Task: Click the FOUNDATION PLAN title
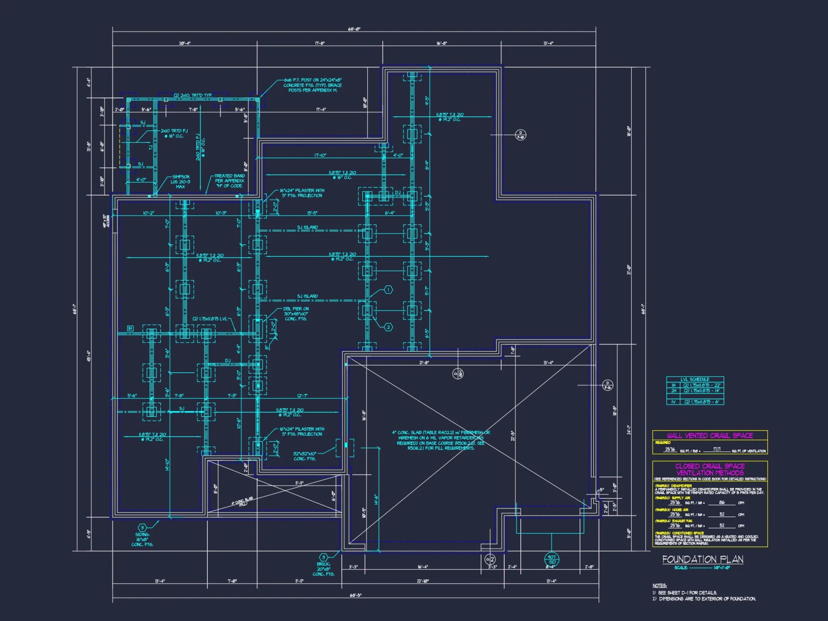[x=703, y=559]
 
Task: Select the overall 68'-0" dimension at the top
[x=354, y=29]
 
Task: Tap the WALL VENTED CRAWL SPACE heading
[x=710, y=436]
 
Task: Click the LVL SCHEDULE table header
[x=695, y=379]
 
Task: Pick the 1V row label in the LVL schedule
[x=673, y=402]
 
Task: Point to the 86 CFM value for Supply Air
[x=722, y=503]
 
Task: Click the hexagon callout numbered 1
[x=388, y=290]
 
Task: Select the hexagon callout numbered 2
[x=388, y=327]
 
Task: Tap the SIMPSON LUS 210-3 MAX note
[x=181, y=182]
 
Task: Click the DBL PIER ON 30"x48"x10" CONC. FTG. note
[x=296, y=314]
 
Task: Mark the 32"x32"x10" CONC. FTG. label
[x=305, y=456]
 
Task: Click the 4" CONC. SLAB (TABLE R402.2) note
[x=440, y=440]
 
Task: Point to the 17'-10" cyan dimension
[x=320, y=155]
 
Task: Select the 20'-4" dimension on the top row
[x=185, y=43]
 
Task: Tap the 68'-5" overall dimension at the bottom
[x=355, y=595]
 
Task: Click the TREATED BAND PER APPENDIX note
[x=229, y=181]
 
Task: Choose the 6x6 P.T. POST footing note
[x=313, y=85]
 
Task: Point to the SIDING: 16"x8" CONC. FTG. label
[x=142, y=539]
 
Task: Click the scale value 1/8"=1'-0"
[x=722, y=568]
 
